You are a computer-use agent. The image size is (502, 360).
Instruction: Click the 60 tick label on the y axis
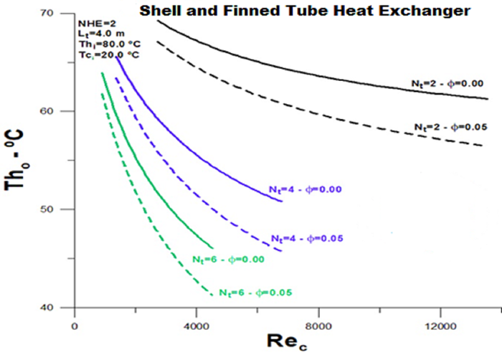point(60,111)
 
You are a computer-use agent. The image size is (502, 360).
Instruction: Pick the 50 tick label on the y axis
point(60,209)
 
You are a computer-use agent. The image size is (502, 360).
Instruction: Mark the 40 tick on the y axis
point(60,308)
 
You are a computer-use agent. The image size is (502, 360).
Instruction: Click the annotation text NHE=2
point(93,22)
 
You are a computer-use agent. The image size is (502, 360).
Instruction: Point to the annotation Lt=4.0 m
point(98,33)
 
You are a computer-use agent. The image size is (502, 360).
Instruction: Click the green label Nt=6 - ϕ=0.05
point(255,293)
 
